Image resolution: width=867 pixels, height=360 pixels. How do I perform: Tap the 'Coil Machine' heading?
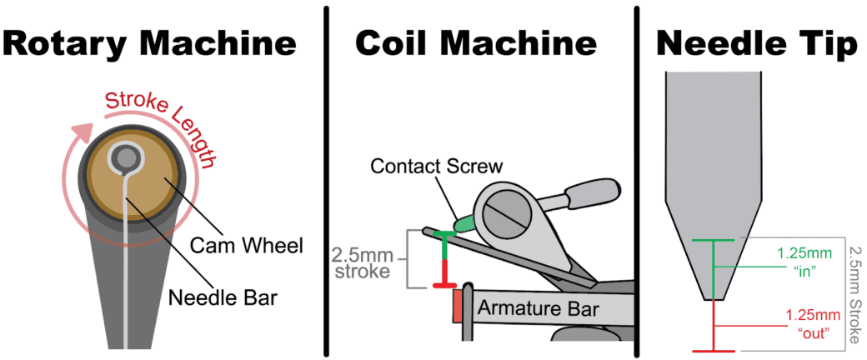coord(476,43)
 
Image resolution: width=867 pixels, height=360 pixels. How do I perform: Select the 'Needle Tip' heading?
coord(757,43)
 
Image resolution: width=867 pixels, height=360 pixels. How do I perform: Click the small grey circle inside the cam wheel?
coord(127,157)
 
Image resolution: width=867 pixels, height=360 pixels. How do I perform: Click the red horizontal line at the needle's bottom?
coord(714,351)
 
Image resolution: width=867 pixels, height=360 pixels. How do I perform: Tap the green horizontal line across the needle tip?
coord(714,241)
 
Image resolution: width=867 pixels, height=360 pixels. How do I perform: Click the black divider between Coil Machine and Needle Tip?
coord(637,180)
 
